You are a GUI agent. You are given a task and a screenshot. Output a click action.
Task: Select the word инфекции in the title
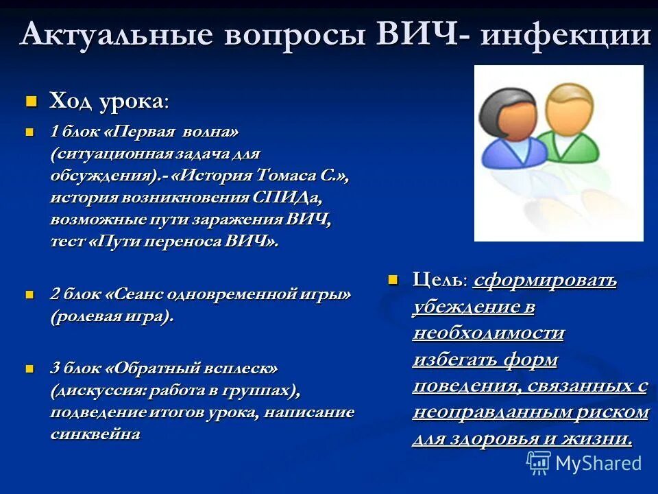[x=565, y=34]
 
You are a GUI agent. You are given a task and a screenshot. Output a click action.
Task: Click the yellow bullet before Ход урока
[x=30, y=102]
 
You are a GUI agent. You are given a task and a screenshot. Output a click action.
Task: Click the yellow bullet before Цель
[x=393, y=280]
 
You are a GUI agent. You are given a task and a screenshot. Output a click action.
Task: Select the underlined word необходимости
[x=489, y=333]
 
